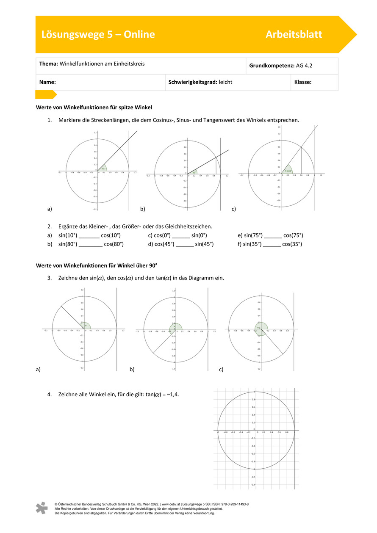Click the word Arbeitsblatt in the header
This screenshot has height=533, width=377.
click(x=294, y=35)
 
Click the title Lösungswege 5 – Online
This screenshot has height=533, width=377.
click(x=98, y=35)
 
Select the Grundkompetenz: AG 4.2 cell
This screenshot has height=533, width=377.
click(x=281, y=66)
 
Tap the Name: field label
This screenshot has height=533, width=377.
click(x=48, y=82)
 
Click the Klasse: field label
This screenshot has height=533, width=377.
click(x=303, y=82)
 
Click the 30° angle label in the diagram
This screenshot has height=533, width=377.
click(x=194, y=172)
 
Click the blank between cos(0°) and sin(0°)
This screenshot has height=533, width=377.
click(x=181, y=235)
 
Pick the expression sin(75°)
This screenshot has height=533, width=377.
click(x=253, y=235)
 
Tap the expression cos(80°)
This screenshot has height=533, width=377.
click(x=114, y=244)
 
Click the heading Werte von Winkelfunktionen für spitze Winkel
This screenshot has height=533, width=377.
click(x=94, y=108)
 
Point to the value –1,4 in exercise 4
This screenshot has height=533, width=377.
click(x=178, y=394)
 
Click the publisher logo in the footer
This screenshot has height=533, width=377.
click(x=42, y=508)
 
